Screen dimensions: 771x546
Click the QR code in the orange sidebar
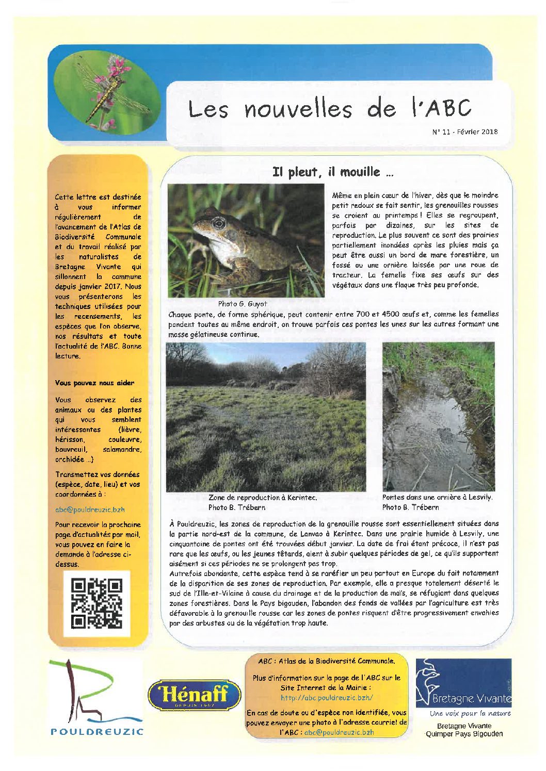point(97,603)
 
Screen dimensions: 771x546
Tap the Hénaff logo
point(195,694)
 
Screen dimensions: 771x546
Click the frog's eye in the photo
point(219,223)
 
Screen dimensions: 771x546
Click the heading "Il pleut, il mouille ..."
point(333,172)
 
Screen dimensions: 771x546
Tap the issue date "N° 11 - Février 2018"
point(464,132)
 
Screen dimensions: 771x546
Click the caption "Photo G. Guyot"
point(242,304)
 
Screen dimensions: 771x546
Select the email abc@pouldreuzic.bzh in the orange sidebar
point(90,509)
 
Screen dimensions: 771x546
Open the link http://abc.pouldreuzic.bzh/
point(326,698)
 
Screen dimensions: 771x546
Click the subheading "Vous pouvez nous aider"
point(94,383)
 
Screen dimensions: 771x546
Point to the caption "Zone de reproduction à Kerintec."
point(262,498)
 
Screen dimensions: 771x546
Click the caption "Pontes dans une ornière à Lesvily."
point(437,497)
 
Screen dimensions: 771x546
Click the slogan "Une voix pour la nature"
point(470,713)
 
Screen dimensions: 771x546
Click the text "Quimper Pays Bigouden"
point(463,733)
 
